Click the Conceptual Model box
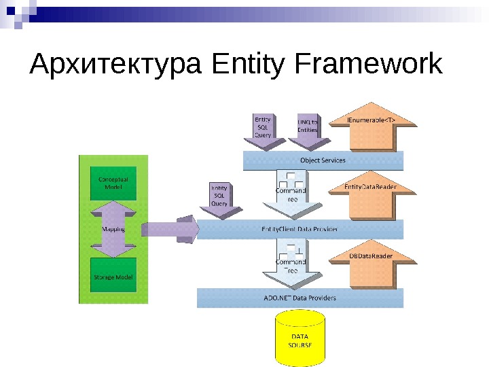(113, 183)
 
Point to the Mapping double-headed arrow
(113, 229)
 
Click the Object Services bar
(323, 160)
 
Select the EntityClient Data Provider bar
(300, 229)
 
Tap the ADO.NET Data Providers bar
(300, 298)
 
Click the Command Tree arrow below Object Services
(291, 194)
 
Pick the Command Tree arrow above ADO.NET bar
(291, 265)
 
